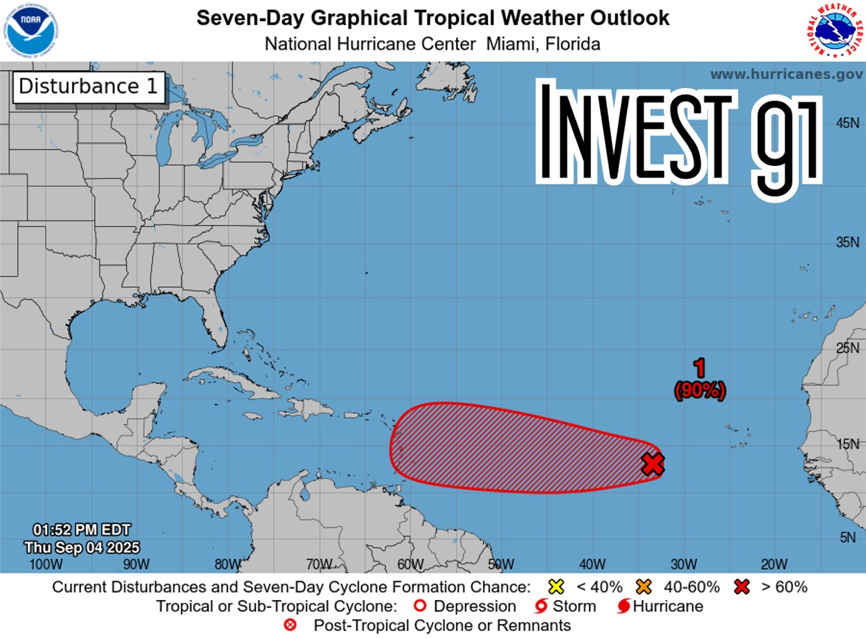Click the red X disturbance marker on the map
pos(652,464)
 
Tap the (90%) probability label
pos(699,391)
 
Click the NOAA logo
pos(30,30)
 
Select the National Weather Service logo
pos(834,30)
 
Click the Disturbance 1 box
pos(88,87)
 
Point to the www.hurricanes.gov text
pos(786,74)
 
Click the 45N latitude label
pos(847,123)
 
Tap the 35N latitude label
pos(847,242)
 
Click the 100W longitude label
pos(42,564)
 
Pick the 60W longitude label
pos(409,564)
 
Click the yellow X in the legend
pos(554,586)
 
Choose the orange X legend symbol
pos(644,586)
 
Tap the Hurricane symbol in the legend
pos(624,606)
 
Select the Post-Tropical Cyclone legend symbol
pos(289,625)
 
